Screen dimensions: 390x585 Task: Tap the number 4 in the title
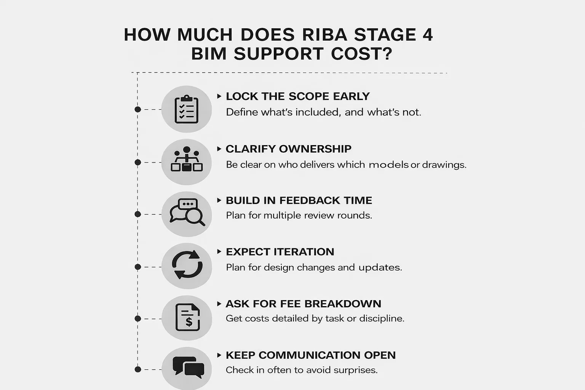click(427, 35)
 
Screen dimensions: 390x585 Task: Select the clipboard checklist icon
click(186, 109)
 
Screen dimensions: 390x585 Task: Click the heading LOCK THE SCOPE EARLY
click(297, 96)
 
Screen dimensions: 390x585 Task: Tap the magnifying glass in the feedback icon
click(195, 217)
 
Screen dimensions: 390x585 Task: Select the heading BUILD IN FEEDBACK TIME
click(299, 200)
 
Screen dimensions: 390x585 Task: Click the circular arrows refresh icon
click(187, 265)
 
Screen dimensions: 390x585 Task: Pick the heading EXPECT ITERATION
click(280, 252)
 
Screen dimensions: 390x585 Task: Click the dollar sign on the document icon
click(189, 322)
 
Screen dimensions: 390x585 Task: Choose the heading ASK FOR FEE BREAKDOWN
click(303, 304)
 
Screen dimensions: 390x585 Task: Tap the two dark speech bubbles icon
click(188, 367)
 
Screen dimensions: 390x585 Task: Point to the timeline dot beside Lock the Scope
click(138, 110)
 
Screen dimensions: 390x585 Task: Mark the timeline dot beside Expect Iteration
click(138, 267)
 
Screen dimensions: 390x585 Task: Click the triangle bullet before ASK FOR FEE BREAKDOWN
click(219, 304)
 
